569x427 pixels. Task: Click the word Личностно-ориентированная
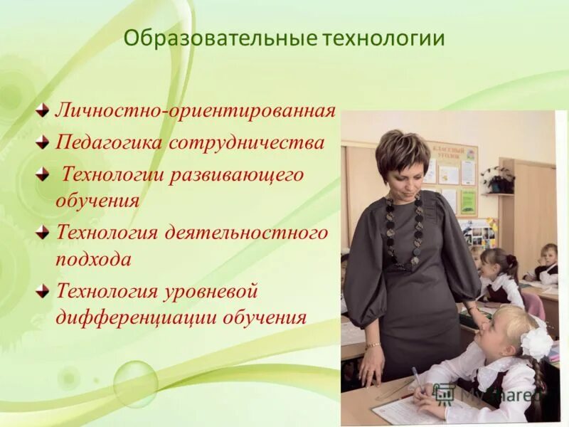click(196, 112)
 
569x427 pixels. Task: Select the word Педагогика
click(110, 143)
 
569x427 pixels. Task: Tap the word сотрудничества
click(247, 143)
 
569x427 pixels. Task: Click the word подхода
click(93, 259)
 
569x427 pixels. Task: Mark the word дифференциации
click(136, 317)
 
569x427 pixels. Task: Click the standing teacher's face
click(403, 167)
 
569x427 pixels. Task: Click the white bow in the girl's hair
click(535, 342)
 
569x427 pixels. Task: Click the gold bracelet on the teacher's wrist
click(373, 345)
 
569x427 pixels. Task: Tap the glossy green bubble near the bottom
click(135, 384)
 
